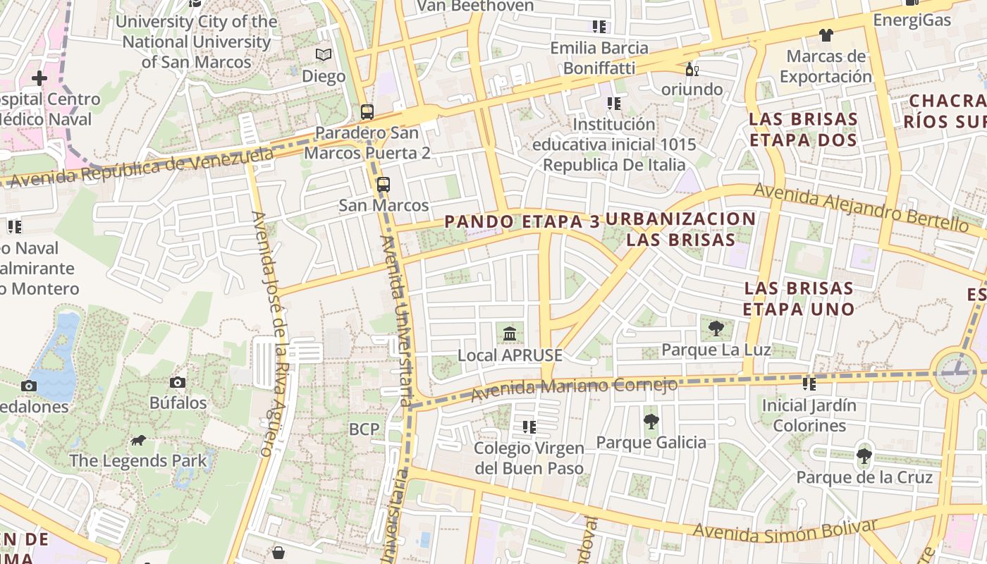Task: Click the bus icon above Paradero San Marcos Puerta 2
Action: (367, 111)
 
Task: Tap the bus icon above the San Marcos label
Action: (383, 185)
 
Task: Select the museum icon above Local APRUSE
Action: (510, 333)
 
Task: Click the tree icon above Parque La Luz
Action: (716, 328)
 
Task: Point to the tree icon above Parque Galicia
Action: (651, 422)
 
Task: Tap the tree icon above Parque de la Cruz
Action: (864, 456)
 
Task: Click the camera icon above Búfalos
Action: (178, 382)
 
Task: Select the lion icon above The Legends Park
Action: (138, 441)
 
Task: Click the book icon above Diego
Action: (324, 54)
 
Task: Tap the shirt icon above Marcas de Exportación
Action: (826, 35)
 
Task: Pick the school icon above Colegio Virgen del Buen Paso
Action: (529, 427)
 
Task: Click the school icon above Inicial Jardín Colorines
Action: (809, 384)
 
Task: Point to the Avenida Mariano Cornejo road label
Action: (574, 388)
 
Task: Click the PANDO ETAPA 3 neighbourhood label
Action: (522, 221)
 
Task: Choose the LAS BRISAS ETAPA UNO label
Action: (799, 298)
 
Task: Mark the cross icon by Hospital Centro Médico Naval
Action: (39, 78)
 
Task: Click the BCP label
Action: (364, 429)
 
